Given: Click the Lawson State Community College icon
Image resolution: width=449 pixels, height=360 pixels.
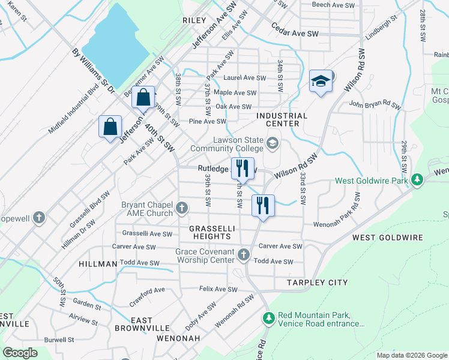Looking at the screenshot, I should pyautogui.click(x=273, y=142).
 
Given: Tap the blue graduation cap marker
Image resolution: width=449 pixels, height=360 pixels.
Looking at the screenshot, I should pyautogui.click(x=321, y=81).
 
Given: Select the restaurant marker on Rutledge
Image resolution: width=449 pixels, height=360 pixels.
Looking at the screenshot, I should pyautogui.click(x=243, y=168).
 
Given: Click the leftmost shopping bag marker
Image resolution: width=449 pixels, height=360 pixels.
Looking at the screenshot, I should pyautogui.click(x=110, y=127).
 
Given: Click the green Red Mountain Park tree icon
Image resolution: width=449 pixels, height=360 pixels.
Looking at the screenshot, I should pyautogui.click(x=268, y=316).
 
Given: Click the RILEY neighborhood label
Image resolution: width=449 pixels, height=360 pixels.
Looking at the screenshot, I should pyautogui.click(x=194, y=20).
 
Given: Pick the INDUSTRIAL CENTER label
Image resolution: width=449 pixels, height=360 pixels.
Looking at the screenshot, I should pyautogui.click(x=282, y=119).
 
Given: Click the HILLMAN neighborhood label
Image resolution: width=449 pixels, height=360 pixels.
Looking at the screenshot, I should pyautogui.click(x=97, y=264).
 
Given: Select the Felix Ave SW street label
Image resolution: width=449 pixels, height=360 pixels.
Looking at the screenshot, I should pyautogui.click(x=218, y=289).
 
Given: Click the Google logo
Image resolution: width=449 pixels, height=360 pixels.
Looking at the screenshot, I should pyautogui.click(x=20, y=352).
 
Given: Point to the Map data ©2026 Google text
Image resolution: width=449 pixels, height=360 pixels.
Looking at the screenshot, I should pyautogui.click(x=411, y=355).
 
